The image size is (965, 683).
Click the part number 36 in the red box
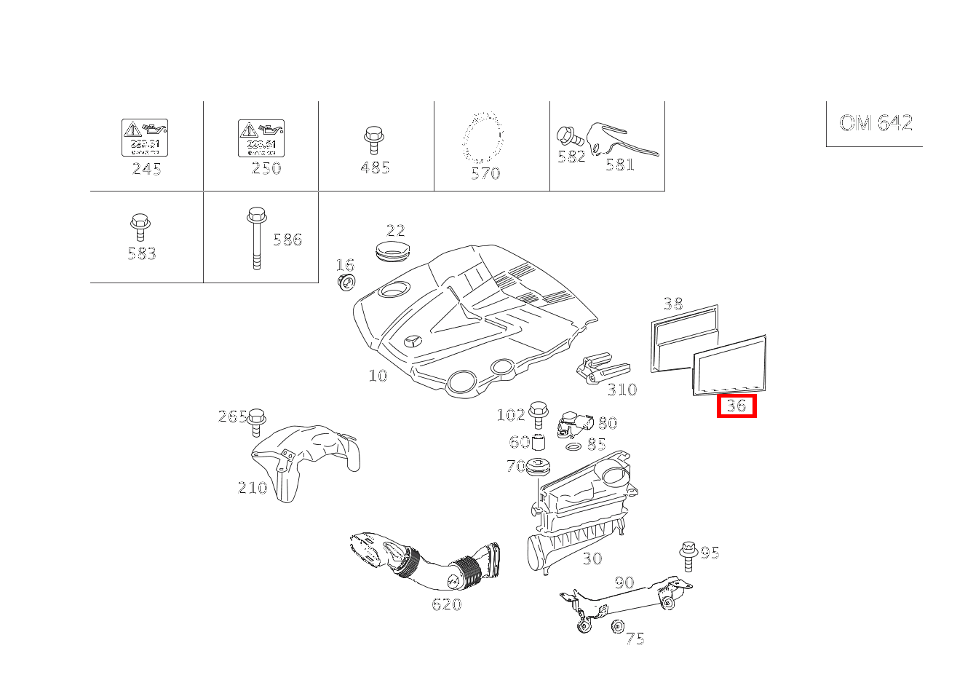point(736,406)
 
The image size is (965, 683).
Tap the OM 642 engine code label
point(875,122)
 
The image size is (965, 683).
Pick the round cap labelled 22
point(392,252)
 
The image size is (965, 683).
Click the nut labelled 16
point(346,282)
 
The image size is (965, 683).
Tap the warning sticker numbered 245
point(144,138)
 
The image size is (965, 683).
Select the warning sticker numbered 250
point(261,138)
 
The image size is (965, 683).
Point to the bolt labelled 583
point(140,227)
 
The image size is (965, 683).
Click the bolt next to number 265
point(256,422)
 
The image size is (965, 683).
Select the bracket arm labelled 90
point(626,601)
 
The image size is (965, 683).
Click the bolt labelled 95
point(688,557)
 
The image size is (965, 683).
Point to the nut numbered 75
point(619,626)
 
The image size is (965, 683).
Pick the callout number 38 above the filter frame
point(673,304)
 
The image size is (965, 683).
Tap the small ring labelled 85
point(573,445)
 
